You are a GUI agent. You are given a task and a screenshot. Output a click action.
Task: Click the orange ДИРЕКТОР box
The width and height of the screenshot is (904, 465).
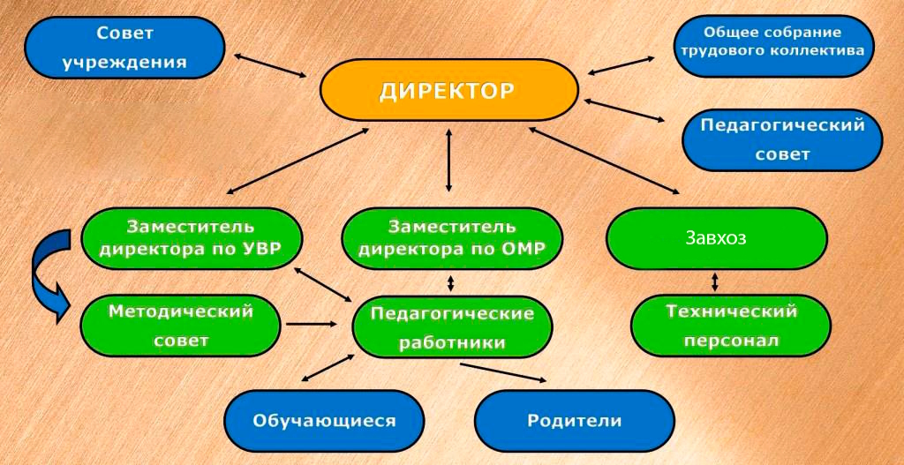448,90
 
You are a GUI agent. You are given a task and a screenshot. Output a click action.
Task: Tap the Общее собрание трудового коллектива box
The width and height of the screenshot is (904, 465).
774,42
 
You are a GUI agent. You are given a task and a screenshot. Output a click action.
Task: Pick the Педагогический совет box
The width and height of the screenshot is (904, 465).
782,139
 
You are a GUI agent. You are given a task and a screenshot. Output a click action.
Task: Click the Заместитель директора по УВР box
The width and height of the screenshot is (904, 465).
191,237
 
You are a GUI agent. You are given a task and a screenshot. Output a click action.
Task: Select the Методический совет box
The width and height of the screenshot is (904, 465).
180,325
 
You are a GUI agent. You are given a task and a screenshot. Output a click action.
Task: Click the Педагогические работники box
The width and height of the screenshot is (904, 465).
451,327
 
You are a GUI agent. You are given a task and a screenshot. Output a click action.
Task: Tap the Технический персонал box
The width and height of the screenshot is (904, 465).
731,325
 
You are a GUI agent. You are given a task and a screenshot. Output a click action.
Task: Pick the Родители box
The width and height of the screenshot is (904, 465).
575,420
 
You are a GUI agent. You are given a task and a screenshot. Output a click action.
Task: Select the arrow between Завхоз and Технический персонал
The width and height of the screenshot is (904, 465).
715,281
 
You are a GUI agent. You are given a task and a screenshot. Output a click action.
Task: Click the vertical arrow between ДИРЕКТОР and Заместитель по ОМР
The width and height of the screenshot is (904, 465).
449,160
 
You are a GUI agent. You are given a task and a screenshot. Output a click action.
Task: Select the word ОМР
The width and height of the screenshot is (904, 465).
521,248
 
